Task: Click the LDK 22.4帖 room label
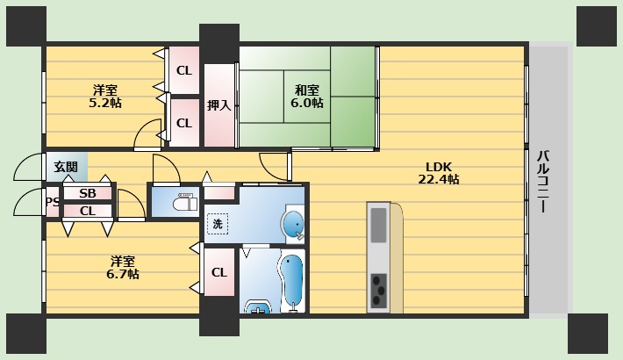[439, 173]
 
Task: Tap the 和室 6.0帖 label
[307, 97]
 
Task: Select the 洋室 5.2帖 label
[105, 97]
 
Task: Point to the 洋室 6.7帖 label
[122, 268]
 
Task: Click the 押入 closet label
[218, 105]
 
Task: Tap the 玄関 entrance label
[66, 167]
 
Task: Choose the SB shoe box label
[88, 193]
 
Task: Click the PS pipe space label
[53, 202]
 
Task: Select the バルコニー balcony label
[543, 182]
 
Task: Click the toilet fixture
[186, 202]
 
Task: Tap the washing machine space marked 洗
[218, 224]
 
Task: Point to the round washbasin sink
[293, 225]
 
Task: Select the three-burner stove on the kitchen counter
[379, 291]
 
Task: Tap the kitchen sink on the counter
[378, 225]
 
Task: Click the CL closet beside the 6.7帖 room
[219, 272]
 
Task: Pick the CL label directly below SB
[88, 211]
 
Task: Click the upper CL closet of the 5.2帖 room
[184, 71]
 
